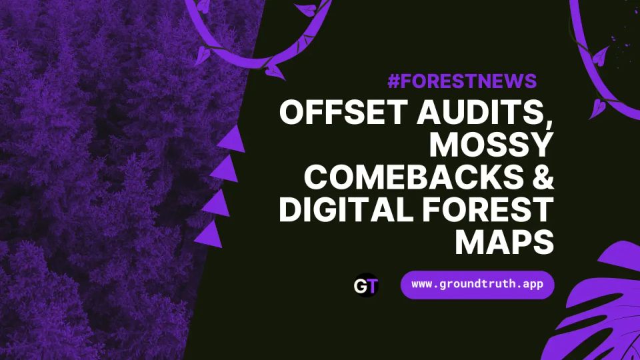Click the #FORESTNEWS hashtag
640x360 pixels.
461,81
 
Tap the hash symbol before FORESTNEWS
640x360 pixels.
393,81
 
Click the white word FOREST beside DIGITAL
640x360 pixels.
484,210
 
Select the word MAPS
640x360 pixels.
505,242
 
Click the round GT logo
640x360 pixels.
366,285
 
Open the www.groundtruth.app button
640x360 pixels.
477,285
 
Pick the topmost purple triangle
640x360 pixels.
233,139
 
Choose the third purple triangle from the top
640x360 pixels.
217,203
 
